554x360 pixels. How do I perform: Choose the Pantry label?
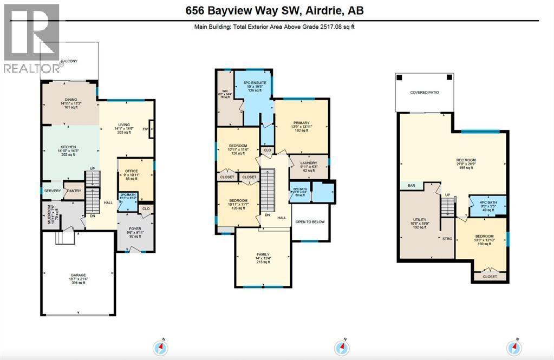pos(73,191)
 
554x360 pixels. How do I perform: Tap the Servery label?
pos(52,191)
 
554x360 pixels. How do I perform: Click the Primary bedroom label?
pos(302,123)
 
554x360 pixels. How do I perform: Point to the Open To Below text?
pos(311,221)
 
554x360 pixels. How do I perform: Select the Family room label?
pos(263,254)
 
